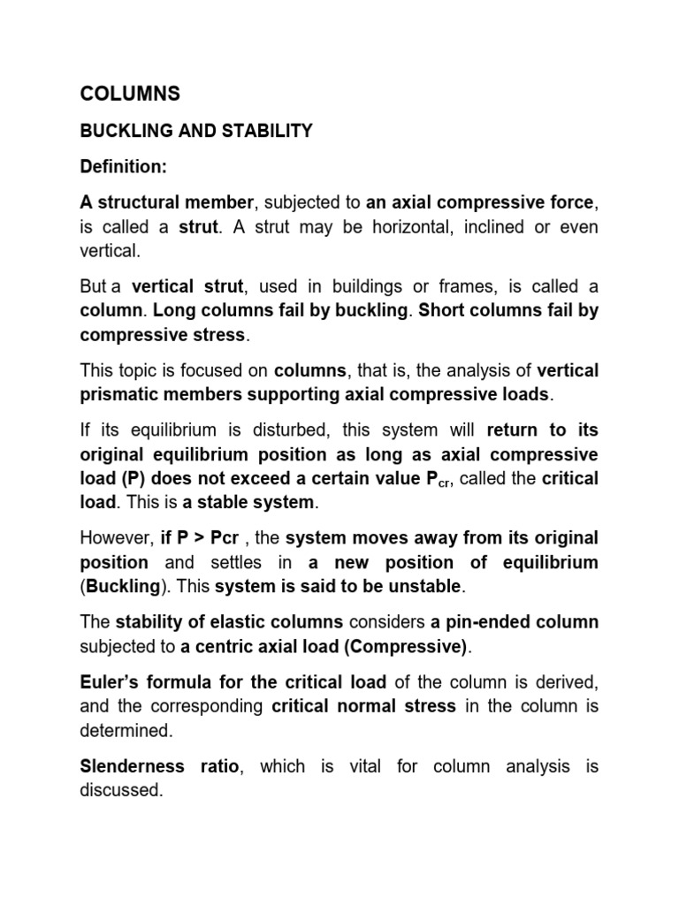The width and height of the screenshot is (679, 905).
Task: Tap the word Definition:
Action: [x=123, y=167]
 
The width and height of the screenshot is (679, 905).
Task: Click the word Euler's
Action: [x=110, y=683]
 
